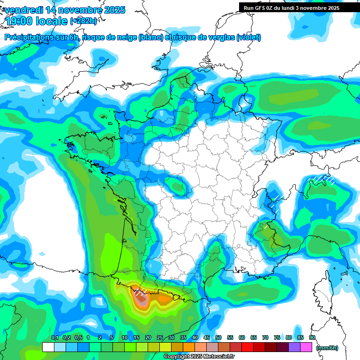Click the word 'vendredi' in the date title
(x=22, y=10)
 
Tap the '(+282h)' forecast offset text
(x=83, y=21)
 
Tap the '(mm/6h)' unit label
(x=327, y=348)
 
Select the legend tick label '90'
(x=312, y=337)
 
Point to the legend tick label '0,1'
(x=54, y=337)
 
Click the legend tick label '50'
(x=218, y=337)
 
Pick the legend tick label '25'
(x=160, y=337)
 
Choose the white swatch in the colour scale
(x=48, y=347)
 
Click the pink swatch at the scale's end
(x=307, y=347)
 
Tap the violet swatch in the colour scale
(x=295, y=347)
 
